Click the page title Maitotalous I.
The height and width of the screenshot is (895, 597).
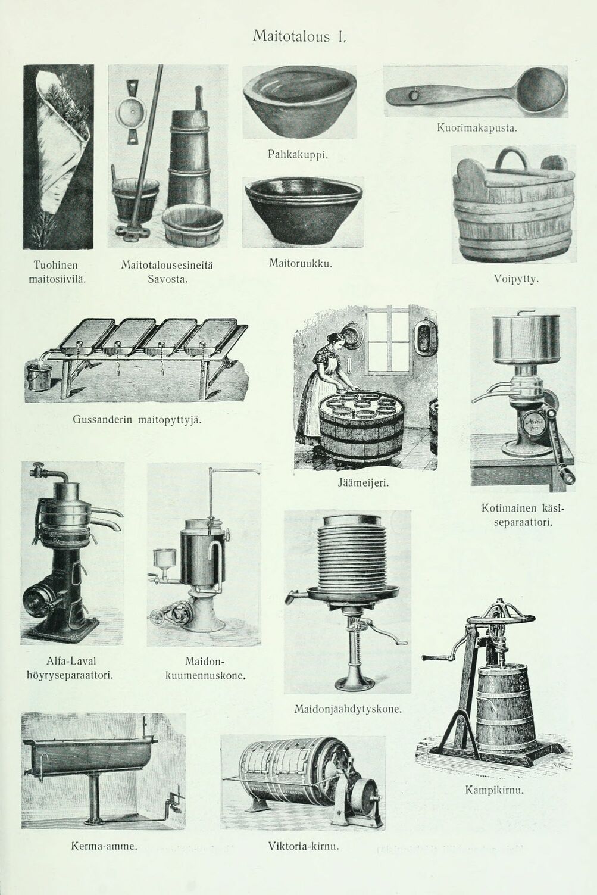pyautogui.click(x=299, y=37)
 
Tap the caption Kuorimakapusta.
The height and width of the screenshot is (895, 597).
pyautogui.click(x=477, y=129)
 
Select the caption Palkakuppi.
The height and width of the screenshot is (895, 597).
pyautogui.click(x=298, y=155)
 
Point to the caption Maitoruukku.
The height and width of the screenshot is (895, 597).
pyautogui.click(x=301, y=264)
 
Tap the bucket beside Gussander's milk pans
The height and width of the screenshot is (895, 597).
pyautogui.click(x=38, y=376)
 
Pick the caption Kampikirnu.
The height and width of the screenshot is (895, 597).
pyautogui.click(x=494, y=790)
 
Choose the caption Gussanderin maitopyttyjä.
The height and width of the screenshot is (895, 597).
pyautogui.click(x=136, y=420)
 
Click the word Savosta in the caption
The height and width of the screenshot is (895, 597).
pyautogui.click(x=168, y=279)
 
